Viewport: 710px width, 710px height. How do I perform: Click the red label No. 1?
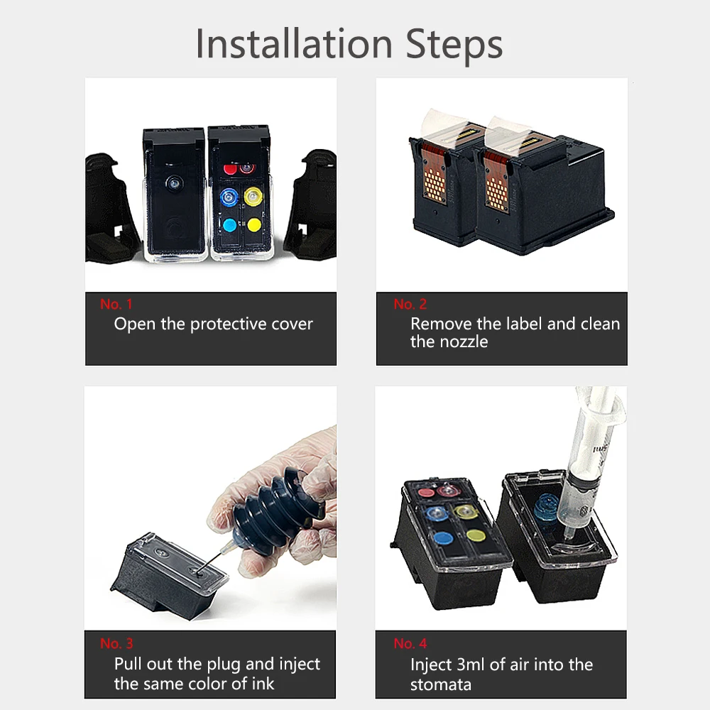(116, 304)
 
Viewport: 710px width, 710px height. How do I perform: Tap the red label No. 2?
(410, 304)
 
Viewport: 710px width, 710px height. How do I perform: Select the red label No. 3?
(116, 643)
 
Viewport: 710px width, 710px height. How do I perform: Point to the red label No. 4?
(410, 643)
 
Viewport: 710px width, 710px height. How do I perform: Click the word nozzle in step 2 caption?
(462, 342)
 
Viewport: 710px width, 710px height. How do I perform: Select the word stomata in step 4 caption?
(441, 684)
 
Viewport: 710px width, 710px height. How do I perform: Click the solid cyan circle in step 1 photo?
(229, 225)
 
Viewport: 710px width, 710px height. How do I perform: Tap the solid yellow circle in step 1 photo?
(253, 225)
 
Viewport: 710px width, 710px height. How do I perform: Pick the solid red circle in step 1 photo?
(230, 169)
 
